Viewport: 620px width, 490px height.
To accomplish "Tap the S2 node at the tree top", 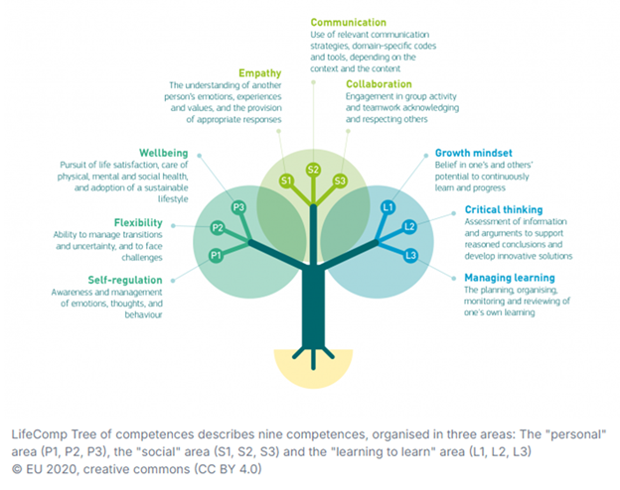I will tap(313, 170).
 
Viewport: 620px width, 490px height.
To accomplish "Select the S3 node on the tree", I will tap(340, 181).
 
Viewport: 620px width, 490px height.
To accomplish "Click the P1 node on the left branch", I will tap(215, 256).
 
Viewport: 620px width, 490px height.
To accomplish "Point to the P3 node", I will tap(237, 206).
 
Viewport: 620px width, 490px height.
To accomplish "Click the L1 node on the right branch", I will tap(387, 206).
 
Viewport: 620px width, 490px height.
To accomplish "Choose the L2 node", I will tap(409, 227).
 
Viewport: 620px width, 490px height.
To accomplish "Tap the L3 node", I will tap(410, 256).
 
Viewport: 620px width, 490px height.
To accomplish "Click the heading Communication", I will tap(349, 22).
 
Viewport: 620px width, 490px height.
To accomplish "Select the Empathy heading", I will tap(261, 71).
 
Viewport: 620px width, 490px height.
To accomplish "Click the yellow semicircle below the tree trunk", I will tap(314, 365).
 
